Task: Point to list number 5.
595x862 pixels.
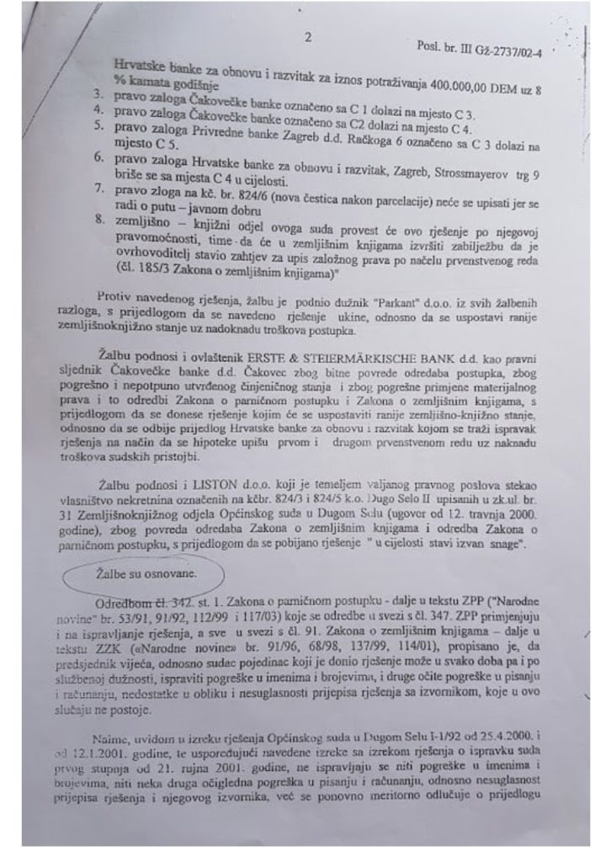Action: tap(98, 126)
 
